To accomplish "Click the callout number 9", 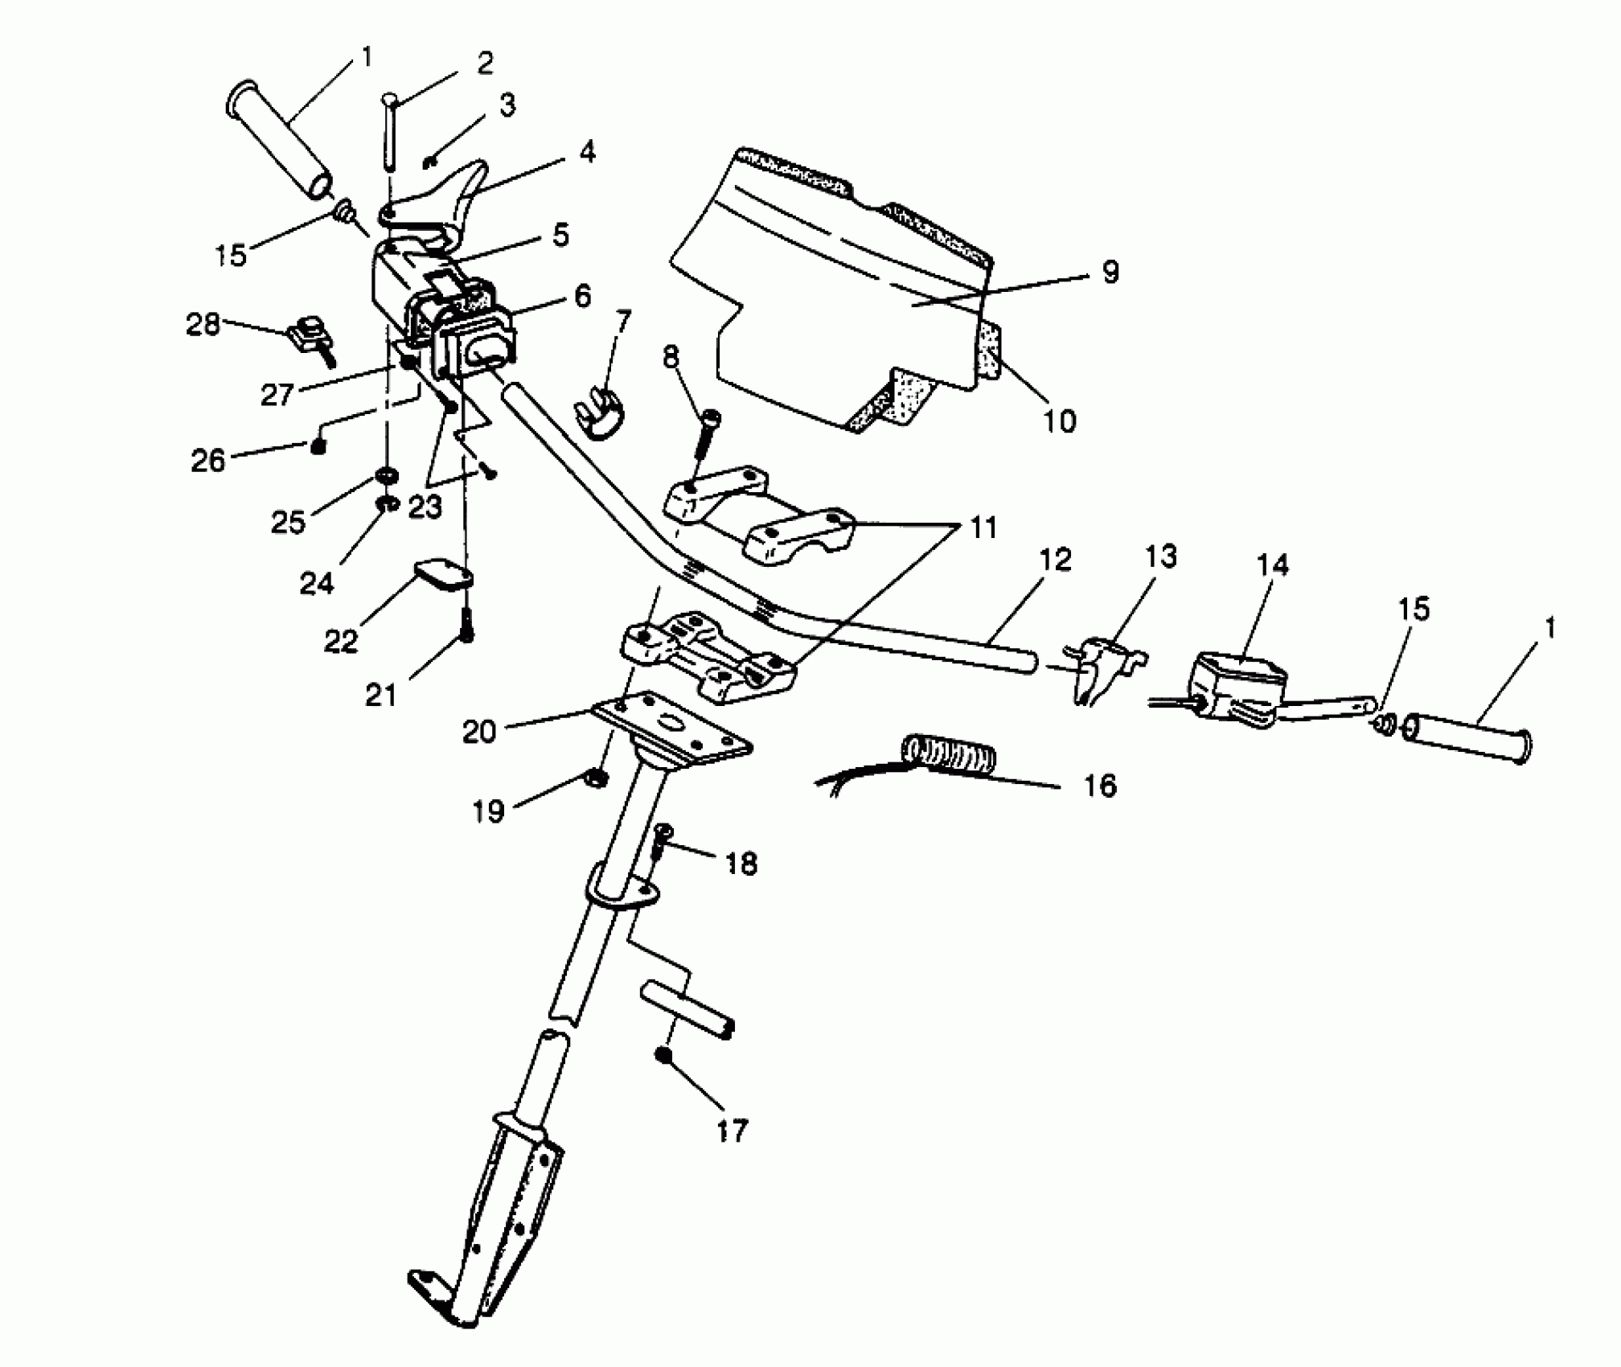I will point(1110,273).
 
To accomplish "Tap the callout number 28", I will point(203,325).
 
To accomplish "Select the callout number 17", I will point(731,1131).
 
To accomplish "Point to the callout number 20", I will point(479,732).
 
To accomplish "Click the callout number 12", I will point(1054,560).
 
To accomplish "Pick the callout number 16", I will point(1100,785).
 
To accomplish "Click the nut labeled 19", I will point(596,778).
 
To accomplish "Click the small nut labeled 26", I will point(318,446).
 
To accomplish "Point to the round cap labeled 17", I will point(663,1056).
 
